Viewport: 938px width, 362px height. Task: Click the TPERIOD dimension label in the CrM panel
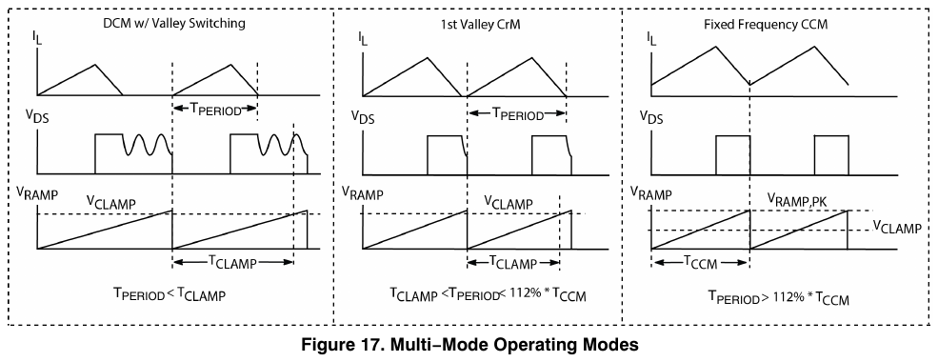coord(517,115)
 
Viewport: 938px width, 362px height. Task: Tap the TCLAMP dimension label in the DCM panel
coord(232,262)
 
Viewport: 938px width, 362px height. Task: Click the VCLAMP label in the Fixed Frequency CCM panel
coord(897,228)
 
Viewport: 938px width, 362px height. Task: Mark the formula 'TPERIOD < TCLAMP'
coord(170,294)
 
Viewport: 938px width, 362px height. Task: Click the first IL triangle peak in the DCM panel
coord(95,65)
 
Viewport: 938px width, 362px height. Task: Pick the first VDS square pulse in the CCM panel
coord(732,153)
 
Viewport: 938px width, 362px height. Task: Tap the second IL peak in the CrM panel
coord(531,57)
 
